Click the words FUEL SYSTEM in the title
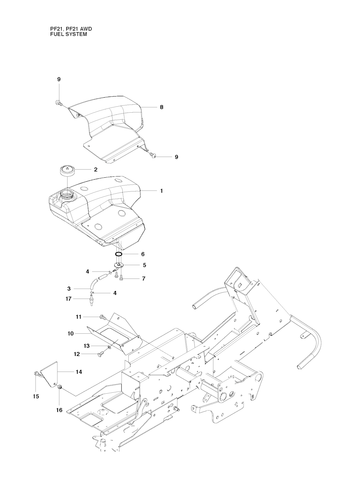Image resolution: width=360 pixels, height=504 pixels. pyautogui.click(x=69, y=34)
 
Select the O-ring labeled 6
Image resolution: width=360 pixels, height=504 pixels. pyautogui.click(x=118, y=254)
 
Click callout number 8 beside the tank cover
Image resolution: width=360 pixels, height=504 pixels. pyautogui.click(x=161, y=107)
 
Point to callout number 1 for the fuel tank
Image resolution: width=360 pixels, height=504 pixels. pyautogui.click(x=161, y=191)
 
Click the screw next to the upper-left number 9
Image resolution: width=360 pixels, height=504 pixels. pyautogui.click(x=58, y=103)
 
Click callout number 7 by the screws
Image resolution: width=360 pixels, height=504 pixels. pyautogui.click(x=143, y=279)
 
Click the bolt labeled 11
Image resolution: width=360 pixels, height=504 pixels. pyautogui.click(x=102, y=317)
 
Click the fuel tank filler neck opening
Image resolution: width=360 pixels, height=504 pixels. pyautogui.click(x=67, y=193)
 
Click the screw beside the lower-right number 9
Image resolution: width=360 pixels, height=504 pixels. pyautogui.click(x=153, y=155)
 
